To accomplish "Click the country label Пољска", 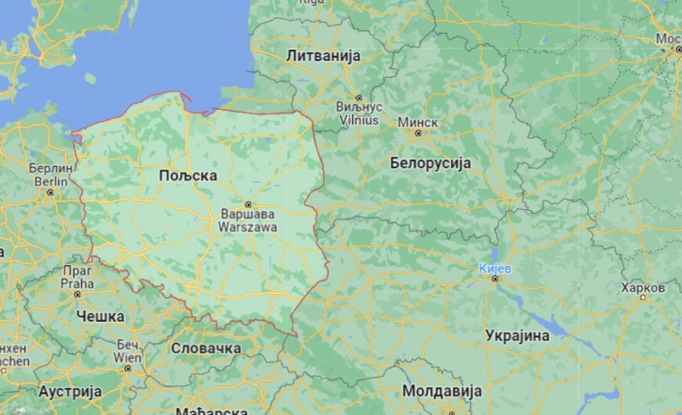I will point(188,176).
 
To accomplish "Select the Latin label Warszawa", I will point(247,226).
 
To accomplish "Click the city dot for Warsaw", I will point(247,204).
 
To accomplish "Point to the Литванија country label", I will point(323,56).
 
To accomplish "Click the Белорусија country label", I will point(430,163).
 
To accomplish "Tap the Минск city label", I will point(417,122).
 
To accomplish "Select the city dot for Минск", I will point(417,133).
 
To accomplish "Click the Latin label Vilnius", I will point(358,118).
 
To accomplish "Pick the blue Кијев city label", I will point(496,268).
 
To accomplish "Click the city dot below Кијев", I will point(496,279).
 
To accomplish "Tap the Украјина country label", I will point(518,335).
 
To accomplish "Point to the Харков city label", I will point(643,288).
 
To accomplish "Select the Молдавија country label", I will point(442,392).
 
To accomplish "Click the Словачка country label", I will point(206,348).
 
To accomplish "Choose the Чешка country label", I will point(100,317).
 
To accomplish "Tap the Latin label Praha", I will point(77,284).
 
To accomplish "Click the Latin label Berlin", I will point(52,182).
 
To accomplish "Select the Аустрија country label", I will point(70,392).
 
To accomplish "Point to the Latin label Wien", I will point(127,357).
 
